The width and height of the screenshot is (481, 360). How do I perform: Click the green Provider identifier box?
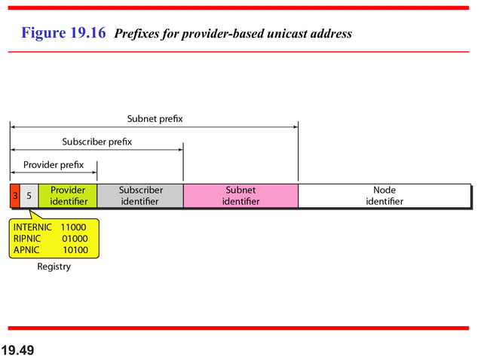[x=68, y=196]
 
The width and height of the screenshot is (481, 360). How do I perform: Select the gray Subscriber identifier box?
[x=140, y=196]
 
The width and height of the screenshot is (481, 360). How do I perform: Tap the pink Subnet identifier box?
[x=240, y=196]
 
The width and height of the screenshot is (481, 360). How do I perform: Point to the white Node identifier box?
[x=384, y=196]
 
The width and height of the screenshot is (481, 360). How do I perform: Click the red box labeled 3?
[x=14, y=196]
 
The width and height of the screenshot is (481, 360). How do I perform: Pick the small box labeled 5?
[x=29, y=196]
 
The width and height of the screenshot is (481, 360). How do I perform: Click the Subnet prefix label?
[x=155, y=119]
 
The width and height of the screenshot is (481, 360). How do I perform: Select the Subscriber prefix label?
[x=97, y=142]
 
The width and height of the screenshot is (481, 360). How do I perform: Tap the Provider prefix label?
[x=54, y=165]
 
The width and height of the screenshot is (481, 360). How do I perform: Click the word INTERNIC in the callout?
[x=32, y=227]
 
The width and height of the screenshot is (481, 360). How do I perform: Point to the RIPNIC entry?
[x=27, y=238]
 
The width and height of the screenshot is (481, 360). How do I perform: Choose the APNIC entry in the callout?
[x=26, y=250]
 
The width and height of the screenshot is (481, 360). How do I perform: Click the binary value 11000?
[x=74, y=227]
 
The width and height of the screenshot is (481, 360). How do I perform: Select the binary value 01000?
[x=75, y=238]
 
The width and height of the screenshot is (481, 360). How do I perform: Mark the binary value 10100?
[x=75, y=250]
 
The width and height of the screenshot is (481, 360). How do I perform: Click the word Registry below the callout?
[x=54, y=267]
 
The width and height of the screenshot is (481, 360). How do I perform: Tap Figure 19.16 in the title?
[x=63, y=33]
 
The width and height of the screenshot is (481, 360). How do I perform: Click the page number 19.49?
[x=17, y=350]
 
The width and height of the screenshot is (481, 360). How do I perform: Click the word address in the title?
[x=329, y=34]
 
